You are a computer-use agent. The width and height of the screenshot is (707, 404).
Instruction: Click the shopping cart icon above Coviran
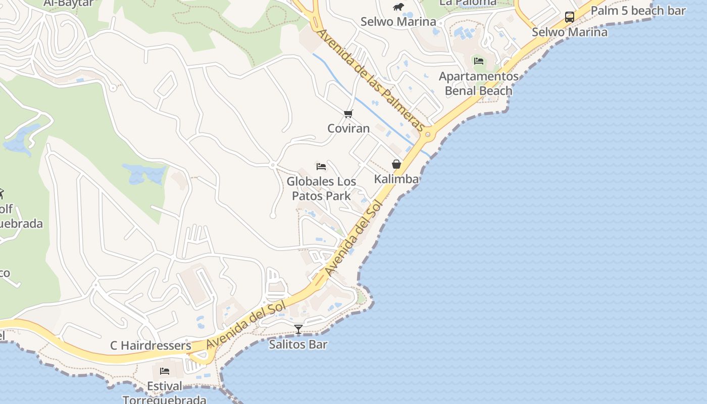coord(348,114)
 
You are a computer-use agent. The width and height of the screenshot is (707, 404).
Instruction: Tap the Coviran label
coord(348,128)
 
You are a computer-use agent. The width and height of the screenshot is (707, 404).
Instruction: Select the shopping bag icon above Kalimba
coord(396,164)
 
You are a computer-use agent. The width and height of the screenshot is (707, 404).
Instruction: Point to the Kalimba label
coord(396,179)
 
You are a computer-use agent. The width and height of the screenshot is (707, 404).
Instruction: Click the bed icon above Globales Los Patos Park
coord(321,166)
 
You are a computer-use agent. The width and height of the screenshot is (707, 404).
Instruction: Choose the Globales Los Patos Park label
coord(321,188)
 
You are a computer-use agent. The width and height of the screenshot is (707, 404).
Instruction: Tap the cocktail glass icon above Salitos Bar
coord(298,329)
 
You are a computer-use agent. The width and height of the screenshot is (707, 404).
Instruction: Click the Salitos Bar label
coord(298,344)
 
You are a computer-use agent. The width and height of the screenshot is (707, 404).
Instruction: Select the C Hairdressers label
coord(150,346)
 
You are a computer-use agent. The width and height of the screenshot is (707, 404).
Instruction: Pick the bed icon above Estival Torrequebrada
coord(165,371)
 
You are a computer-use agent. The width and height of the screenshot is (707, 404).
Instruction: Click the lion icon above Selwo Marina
coord(398,7)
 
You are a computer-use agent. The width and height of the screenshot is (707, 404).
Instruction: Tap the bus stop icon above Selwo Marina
coord(570,17)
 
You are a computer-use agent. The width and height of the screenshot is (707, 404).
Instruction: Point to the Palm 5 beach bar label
coord(638,11)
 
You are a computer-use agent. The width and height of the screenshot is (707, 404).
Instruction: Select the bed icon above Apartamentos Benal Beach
coord(478,61)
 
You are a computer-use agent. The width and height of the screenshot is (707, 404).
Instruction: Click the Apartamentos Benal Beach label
coord(478,84)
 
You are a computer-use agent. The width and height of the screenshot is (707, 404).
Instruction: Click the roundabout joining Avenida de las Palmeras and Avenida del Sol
coord(428,134)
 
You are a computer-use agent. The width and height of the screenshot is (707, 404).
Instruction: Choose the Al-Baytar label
coord(69,3)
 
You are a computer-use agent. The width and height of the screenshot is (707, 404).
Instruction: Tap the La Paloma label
coord(468,3)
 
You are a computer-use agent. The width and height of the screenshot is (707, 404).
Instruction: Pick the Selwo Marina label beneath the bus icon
coord(570,32)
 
